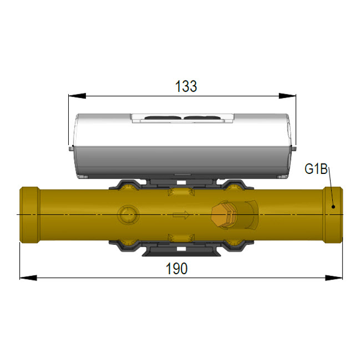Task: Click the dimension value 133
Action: pos(186,86)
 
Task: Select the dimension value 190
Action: pos(177,269)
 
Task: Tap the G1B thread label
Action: pos(316,170)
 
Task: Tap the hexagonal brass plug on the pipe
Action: pos(221,215)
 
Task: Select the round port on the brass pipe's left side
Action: pos(127,214)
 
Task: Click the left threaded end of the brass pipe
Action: pos(29,214)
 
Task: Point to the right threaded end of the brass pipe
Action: pos(332,214)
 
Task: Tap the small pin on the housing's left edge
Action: pos(72,147)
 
